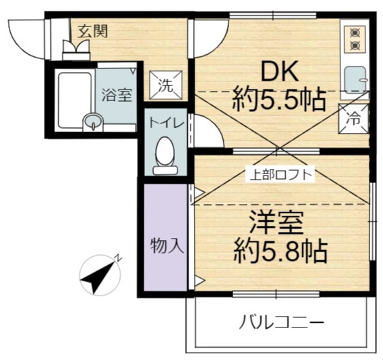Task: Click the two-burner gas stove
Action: [x=355, y=39]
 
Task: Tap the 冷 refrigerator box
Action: [x=355, y=117]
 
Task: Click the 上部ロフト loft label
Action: [x=279, y=174]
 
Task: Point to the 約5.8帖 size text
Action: [x=280, y=252]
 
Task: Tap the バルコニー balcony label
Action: [x=281, y=322]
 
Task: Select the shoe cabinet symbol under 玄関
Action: [x=76, y=49]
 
